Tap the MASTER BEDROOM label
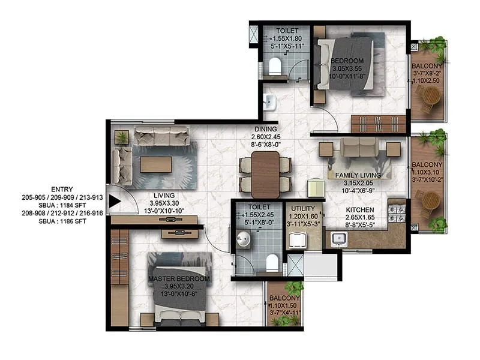(x=179, y=279)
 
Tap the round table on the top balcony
(x=430, y=94)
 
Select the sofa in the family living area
(x=359, y=148)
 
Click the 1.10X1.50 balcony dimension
(x=284, y=305)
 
